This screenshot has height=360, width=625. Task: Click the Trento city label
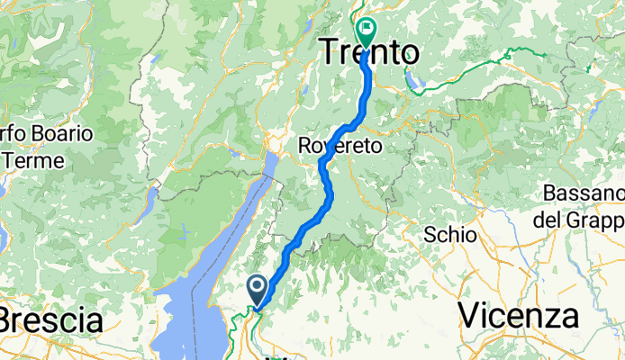pos(370,53)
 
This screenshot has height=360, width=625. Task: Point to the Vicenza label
pos(518,316)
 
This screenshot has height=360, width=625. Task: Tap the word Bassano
pos(584,193)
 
